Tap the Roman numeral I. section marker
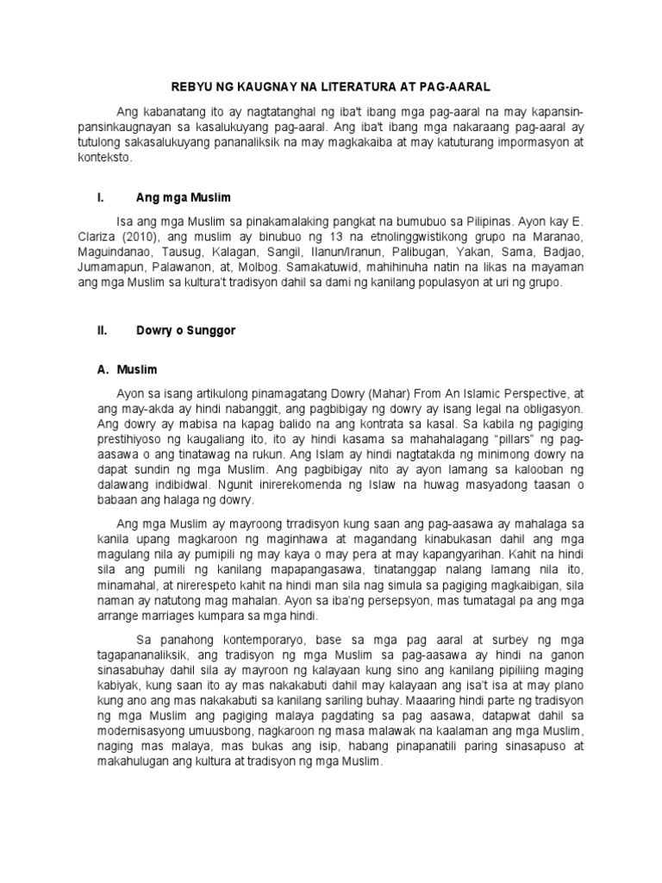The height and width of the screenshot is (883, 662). pyautogui.click(x=101, y=198)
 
